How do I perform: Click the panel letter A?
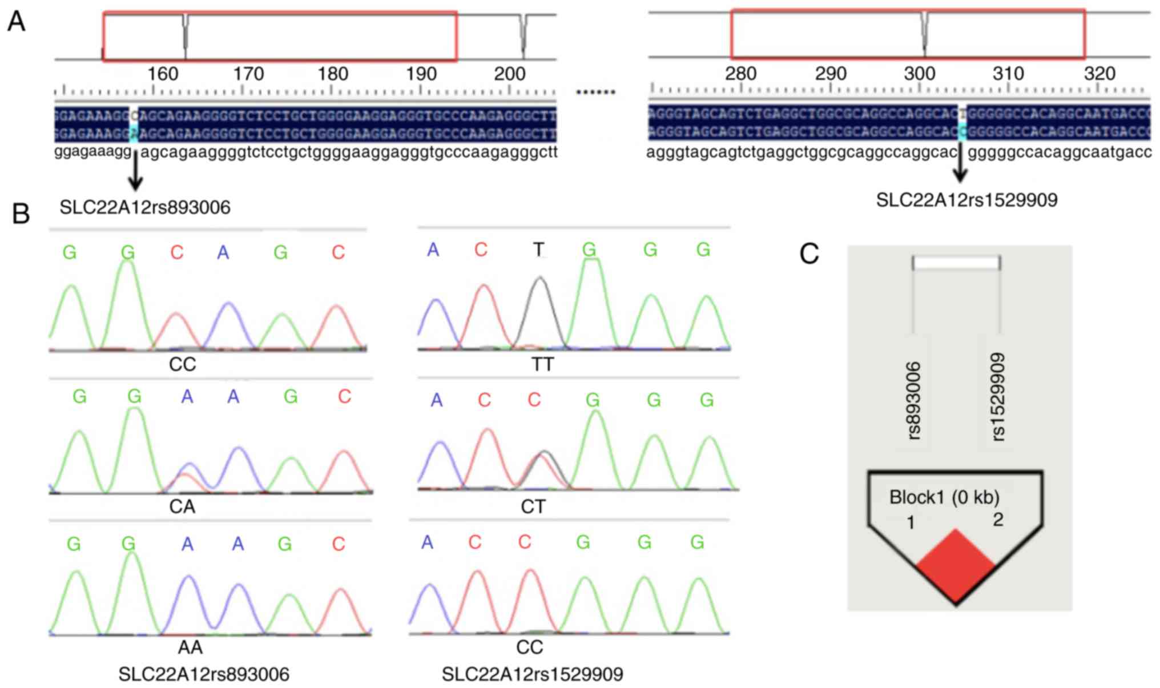click(16, 22)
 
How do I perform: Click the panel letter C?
click(809, 254)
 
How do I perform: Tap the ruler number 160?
click(163, 74)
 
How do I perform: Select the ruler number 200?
click(509, 74)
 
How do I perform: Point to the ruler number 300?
click(919, 74)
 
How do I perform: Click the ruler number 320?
click(1099, 74)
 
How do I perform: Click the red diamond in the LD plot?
click(956, 566)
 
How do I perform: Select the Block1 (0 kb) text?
click(944, 497)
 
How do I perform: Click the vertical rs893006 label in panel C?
click(913, 401)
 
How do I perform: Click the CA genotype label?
click(182, 506)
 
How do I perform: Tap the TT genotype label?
click(542, 364)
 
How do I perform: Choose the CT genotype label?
click(533, 506)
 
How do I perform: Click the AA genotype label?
click(190, 647)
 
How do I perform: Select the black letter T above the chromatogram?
click(539, 250)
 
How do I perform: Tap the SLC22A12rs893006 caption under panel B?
click(204, 674)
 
